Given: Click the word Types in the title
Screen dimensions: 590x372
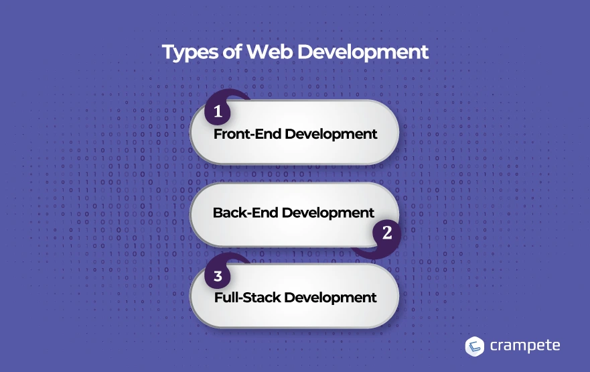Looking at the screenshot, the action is pyautogui.click(x=190, y=53).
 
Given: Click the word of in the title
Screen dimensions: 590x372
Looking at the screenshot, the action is pyautogui.click(x=232, y=52).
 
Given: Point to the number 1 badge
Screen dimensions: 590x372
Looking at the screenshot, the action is pyautogui.click(x=218, y=111).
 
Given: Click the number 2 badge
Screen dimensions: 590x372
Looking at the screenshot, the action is pyautogui.click(x=387, y=233).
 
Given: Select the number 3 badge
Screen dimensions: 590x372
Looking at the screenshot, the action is pyautogui.click(x=218, y=276).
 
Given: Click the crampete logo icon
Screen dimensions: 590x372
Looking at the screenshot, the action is pyautogui.click(x=475, y=347).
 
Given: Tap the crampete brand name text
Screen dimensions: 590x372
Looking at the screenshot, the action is pyautogui.click(x=525, y=346).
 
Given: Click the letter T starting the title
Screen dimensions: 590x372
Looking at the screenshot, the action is pyautogui.click(x=168, y=52).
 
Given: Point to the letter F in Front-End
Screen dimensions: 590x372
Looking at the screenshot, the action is pyautogui.click(x=218, y=134).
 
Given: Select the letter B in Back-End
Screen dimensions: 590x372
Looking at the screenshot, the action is pyautogui.click(x=218, y=212).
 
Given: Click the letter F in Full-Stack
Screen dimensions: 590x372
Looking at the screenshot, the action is pyautogui.click(x=218, y=298).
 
